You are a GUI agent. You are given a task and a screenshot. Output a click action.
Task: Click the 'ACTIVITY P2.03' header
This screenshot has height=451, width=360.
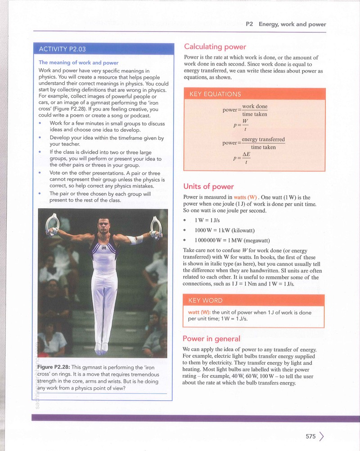tap(62, 49)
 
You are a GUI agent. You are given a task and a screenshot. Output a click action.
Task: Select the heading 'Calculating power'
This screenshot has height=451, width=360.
tap(215, 47)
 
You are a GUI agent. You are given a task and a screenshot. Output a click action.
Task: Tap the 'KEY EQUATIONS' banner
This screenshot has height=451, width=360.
tap(215, 94)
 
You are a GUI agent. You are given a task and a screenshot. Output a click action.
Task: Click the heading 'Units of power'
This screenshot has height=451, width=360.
tap(209, 187)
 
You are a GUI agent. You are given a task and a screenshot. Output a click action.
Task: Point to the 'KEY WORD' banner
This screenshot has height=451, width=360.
tap(205, 300)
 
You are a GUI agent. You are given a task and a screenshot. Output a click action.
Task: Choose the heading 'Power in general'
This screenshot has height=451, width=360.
tap(211, 339)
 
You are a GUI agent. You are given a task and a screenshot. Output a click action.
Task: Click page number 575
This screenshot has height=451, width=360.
tap(310, 436)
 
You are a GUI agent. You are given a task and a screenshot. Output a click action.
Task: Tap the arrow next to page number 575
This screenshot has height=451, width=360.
tap(321, 436)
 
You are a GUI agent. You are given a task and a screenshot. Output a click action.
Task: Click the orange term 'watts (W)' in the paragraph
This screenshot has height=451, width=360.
tap(245, 197)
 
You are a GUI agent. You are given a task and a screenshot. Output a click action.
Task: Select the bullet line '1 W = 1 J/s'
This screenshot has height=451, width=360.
tap(207, 220)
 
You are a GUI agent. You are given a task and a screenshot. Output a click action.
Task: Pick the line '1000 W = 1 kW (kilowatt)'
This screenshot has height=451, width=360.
tap(225, 230)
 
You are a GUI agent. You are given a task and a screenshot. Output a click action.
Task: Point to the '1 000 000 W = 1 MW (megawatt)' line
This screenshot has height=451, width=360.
tap(232, 241)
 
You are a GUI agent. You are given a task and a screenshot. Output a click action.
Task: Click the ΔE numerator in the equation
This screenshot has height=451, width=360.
tap(246, 155)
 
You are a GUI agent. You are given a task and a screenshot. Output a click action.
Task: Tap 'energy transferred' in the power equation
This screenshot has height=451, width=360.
tap(263, 139)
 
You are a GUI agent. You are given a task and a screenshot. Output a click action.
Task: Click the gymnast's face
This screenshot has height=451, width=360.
tap(103, 226)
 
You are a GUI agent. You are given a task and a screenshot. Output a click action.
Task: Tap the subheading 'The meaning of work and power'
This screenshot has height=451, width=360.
tap(79, 63)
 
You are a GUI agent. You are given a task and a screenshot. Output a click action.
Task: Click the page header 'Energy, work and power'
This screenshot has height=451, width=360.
tap(292, 24)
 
